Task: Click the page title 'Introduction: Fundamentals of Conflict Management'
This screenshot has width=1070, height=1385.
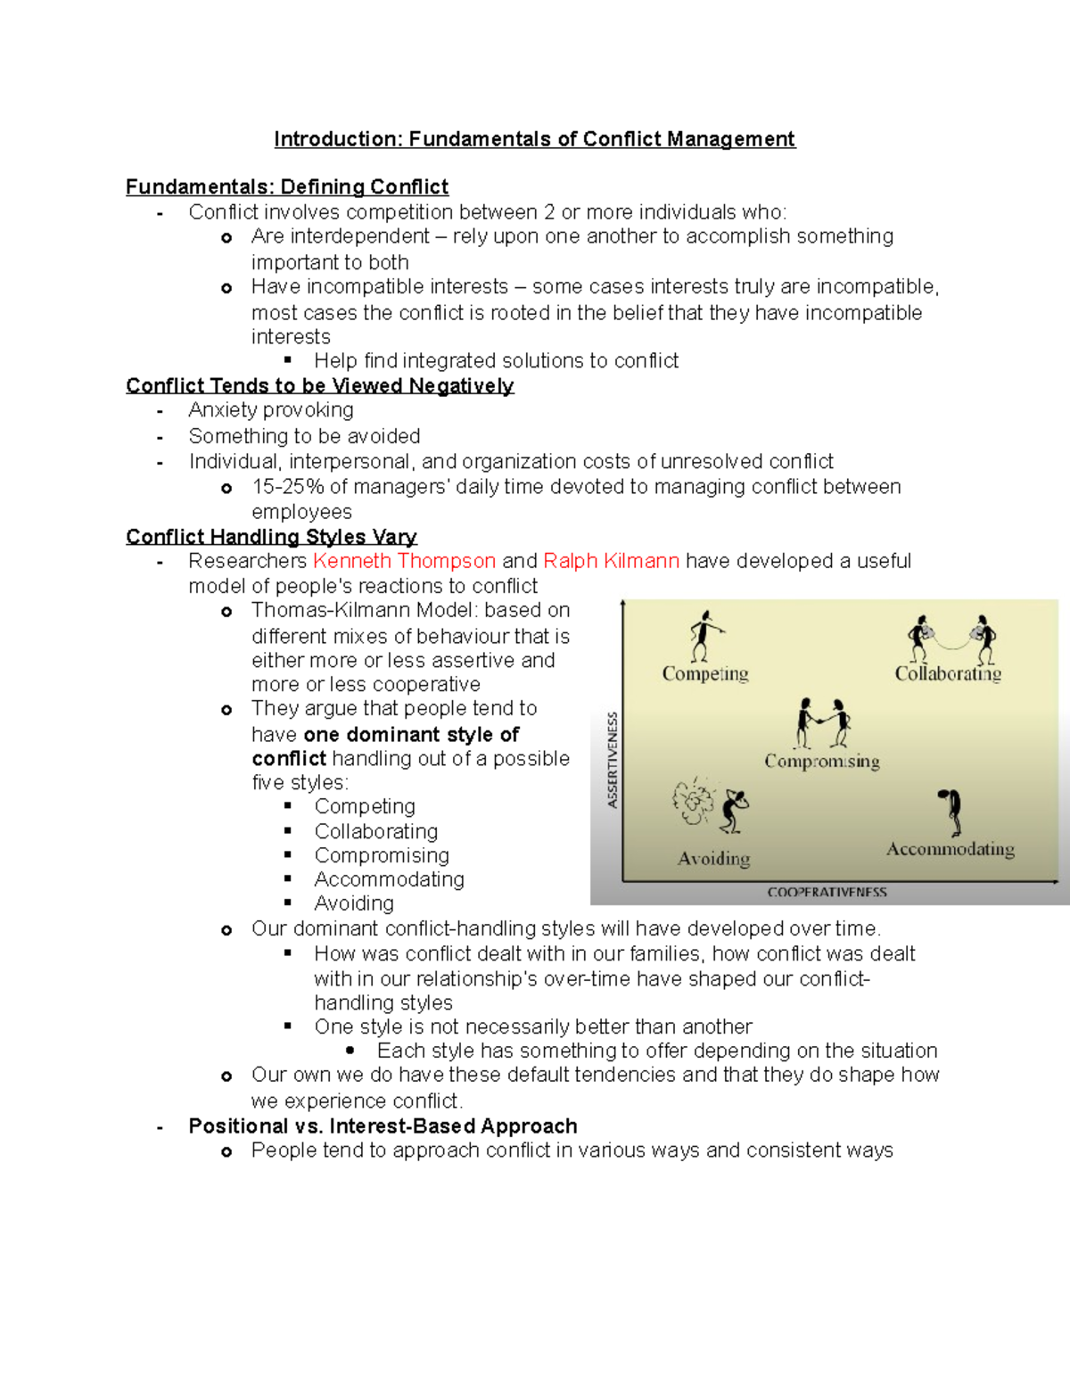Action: pyautogui.click(x=534, y=139)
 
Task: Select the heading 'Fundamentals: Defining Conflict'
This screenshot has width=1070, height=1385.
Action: pyautogui.click(x=286, y=187)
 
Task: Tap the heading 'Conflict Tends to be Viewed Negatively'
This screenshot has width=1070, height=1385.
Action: pyautogui.click(x=319, y=385)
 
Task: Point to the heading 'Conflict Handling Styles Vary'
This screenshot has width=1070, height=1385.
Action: pyautogui.click(x=271, y=537)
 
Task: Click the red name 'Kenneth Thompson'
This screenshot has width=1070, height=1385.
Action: pyautogui.click(x=404, y=561)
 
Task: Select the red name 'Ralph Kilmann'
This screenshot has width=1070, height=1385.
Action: pyautogui.click(x=611, y=561)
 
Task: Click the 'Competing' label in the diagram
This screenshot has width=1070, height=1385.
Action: pyautogui.click(x=704, y=674)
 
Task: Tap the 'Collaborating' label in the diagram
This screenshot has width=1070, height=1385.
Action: pyautogui.click(x=948, y=674)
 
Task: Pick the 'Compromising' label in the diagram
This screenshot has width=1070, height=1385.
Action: pyautogui.click(x=821, y=762)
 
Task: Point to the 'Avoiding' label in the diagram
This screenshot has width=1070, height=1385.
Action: pyautogui.click(x=713, y=859)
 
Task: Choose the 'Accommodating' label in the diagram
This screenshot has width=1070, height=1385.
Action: pyautogui.click(x=950, y=849)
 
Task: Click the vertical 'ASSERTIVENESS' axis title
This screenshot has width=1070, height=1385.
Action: pyautogui.click(x=613, y=760)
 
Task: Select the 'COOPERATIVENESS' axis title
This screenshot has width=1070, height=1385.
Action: pyautogui.click(x=827, y=892)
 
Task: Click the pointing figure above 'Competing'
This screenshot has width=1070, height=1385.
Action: pyautogui.click(x=704, y=635)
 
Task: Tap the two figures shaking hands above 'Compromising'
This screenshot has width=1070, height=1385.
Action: pyautogui.click(x=823, y=723)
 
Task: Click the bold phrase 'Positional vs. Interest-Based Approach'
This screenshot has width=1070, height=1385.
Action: pyautogui.click(x=383, y=1126)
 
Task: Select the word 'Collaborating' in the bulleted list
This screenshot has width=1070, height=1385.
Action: pyautogui.click(x=375, y=831)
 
